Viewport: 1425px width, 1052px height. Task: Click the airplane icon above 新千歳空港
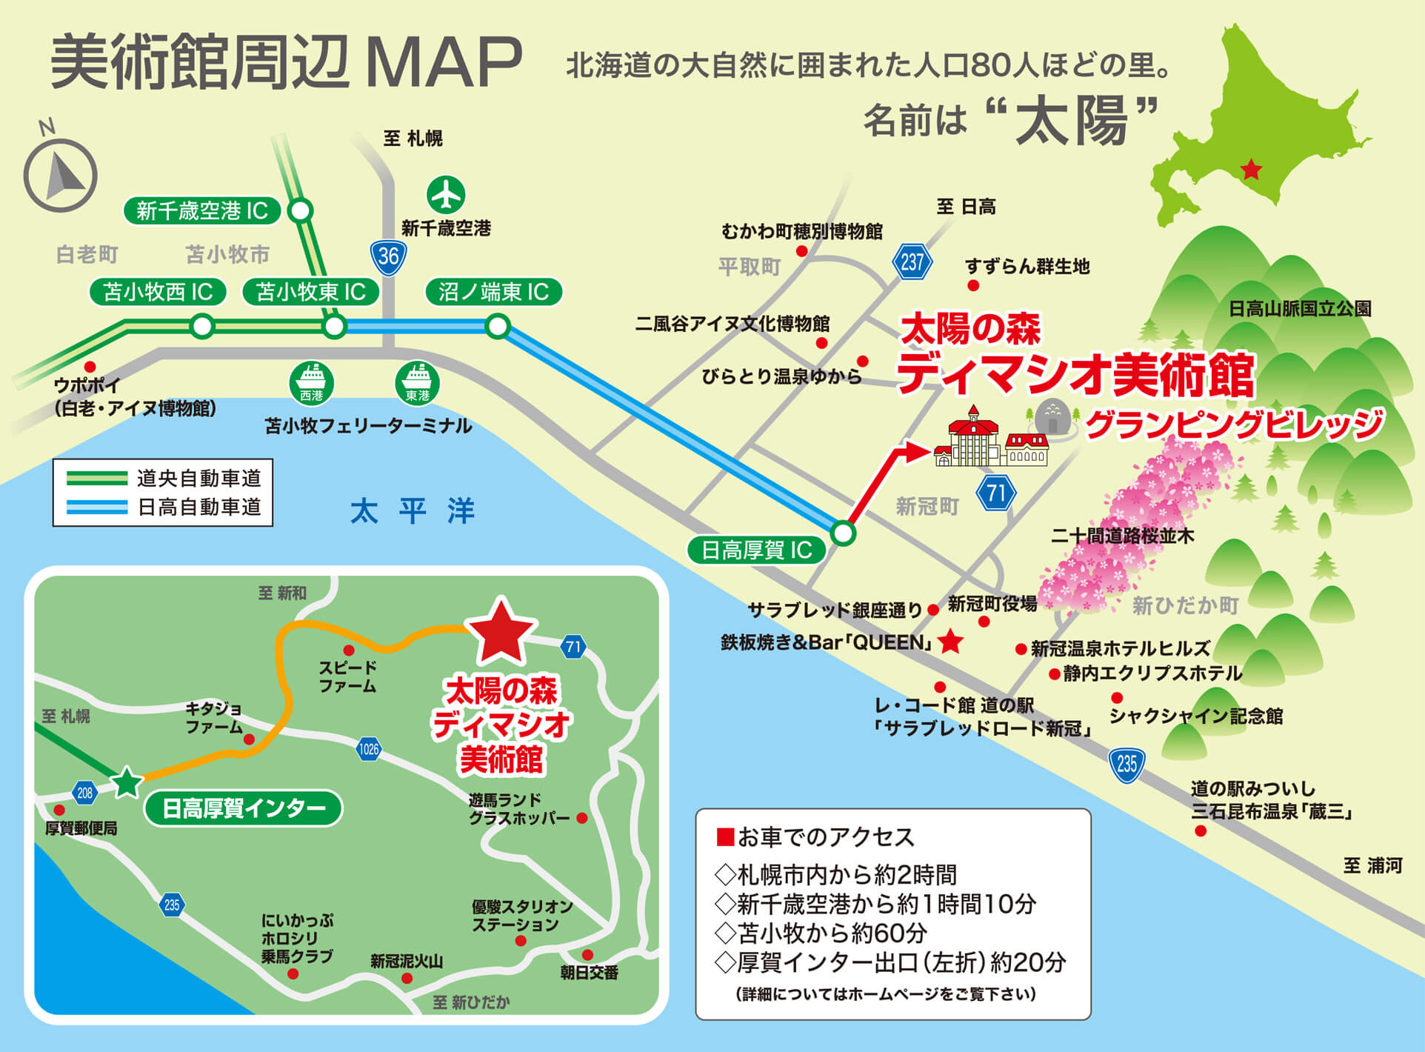(x=446, y=195)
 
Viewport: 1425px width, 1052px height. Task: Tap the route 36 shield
(x=388, y=256)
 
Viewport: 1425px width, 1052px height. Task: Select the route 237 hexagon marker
(x=912, y=262)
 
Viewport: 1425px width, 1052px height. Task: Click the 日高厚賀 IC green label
(x=756, y=550)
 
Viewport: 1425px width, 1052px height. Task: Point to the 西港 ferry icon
(x=311, y=383)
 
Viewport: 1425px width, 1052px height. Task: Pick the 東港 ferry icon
(x=417, y=383)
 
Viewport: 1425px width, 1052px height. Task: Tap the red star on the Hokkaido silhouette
(x=1251, y=170)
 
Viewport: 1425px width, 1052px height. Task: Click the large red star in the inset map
(x=501, y=632)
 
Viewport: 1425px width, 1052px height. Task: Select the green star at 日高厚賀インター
(x=127, y=782)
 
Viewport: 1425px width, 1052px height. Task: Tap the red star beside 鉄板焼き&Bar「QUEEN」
(x=950, y=642)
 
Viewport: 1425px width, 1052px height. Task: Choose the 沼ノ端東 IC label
(x=493, y=292)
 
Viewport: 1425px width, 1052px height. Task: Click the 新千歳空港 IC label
(x=201, y=211)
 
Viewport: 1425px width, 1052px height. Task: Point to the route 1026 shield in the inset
(x=368, y=749)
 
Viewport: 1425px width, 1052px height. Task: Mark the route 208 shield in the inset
(x=85, y=793)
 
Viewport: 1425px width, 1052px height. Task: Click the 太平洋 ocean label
(x=412, y=511)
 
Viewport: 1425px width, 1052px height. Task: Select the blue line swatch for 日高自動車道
(x=96, y=507)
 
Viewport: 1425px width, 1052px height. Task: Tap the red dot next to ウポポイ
(x=90, y=367)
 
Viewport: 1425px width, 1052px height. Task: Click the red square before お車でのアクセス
(x=724, y=837)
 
